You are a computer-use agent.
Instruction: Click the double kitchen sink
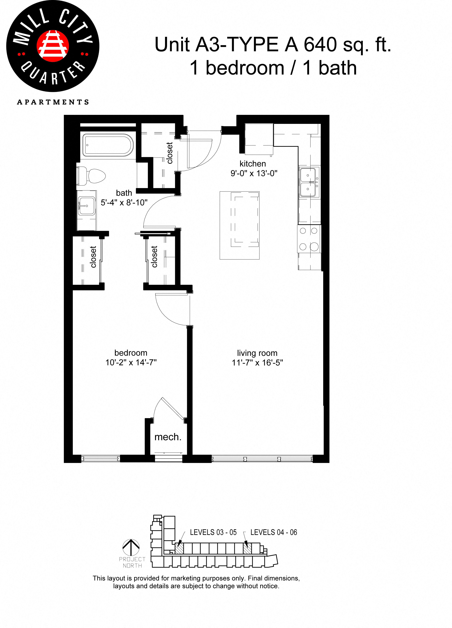(309, 182)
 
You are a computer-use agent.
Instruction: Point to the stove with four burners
(309, 239)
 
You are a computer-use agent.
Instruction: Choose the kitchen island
(239, 225)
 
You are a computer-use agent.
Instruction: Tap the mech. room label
(168, 437)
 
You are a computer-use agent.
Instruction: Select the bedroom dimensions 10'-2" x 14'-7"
(131, 362)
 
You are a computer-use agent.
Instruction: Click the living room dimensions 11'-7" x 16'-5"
(257, 363)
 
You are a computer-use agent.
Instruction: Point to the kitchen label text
(253, 164)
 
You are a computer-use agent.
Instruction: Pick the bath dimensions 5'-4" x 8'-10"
(124, 203)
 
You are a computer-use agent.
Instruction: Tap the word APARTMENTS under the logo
(53, 102)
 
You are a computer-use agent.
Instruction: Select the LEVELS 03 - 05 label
(213, 532)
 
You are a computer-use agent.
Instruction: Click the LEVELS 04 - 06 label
(274, 532)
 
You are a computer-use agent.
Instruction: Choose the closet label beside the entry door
(169, 153)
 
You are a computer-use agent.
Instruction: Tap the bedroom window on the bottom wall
(101, 459)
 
